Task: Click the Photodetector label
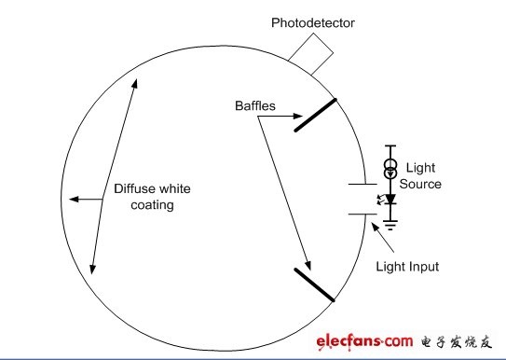[x=313, y=23]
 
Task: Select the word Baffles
[x=255, y=106]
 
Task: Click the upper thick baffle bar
[x=315, y=116]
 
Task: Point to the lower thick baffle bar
[x=314, y=284]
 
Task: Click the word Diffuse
[x=132, y=189]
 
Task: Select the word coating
[x=152, y=205]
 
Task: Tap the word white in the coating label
[x=172, y=189]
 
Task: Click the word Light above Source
[x=420, y=168]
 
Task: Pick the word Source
[x=420, y=184]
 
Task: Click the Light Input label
[x=407, y=267]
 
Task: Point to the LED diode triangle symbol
[x=390, y=200]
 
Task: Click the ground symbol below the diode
[x=390, y=225]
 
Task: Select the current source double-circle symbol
[x=390, y=169]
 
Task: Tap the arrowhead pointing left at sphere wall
[x=74, y=200]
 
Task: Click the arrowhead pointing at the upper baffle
[x=298, y=116]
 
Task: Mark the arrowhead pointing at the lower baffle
[x=308, y=266]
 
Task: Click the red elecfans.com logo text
[x=364, y=342]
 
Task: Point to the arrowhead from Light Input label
[x=375, y=227]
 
